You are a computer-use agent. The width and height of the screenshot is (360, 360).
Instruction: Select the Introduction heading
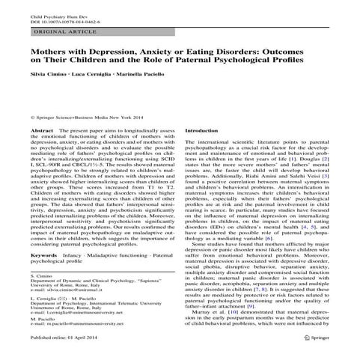(207, 151)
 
